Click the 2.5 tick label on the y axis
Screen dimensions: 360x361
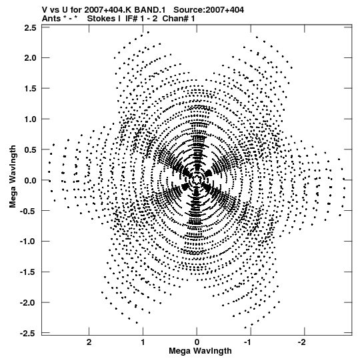(30, 28)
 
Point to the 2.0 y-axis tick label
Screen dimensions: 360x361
(30, 58)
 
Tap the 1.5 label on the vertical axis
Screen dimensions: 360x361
(30, 88)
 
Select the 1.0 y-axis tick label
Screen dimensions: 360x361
(30, 119)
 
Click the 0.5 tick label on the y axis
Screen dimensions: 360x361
(30, 149)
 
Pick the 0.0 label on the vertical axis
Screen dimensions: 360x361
(30, 180)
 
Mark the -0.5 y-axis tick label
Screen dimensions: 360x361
(28, 211)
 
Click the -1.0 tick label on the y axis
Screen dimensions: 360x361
(28, 242)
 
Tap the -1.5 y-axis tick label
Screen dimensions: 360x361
(28, 272)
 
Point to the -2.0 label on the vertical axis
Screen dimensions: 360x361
(28, 302)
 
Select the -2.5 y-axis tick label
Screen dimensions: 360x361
(28, 333)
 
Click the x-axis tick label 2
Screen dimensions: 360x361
(89, 342)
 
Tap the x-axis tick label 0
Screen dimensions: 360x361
(197, 342)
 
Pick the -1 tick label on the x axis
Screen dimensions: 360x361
(249, 342)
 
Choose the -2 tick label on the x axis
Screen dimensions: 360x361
(303, 342)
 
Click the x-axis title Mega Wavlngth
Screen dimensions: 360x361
(200, 351)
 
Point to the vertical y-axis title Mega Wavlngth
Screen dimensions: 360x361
(13, 176)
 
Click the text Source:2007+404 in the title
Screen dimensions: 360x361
(209, 10)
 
